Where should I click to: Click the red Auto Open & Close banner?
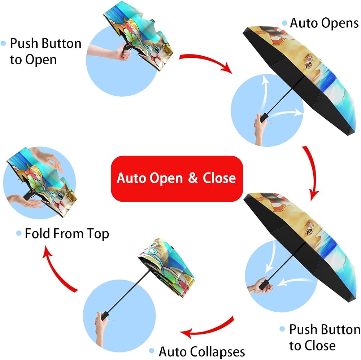pyautogui.click(x=177, y=179)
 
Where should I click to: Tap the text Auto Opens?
pyautogui.click(x=324, y=23)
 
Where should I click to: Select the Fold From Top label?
pyautogui.click(x=67, y=234)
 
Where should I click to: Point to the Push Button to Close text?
pyautogui.click(x=325, y=337)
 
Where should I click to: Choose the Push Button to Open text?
pyautogui.click(x=45, y=52)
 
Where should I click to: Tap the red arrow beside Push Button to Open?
pyautogui.click(x=207, y=62)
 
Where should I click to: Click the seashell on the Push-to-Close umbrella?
pyautogui.click(x=310, y=228)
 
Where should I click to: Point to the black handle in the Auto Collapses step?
pyautogui.click(x=105, y=315)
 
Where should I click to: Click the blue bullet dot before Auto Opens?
pyautogui.click(x=284, y=23)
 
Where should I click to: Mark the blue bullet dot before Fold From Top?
pyautogui.click(x=19, y=233)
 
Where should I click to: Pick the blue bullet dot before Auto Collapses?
pyautogui.click(x=152, y=351)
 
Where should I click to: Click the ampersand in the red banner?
pyautogui.click(x=193, y=178)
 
